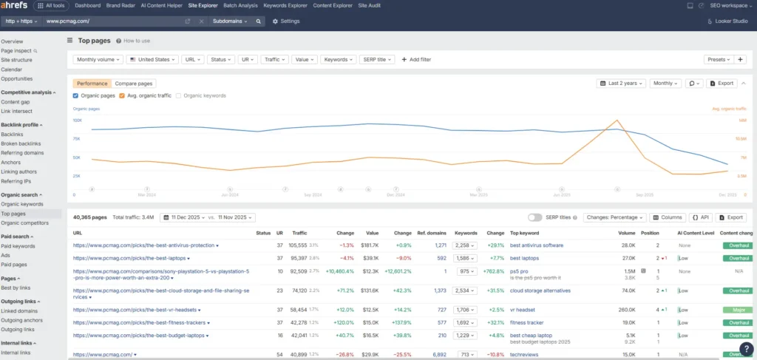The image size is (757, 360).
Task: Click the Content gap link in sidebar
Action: coord(16,102)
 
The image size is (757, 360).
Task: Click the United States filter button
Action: coord(153,59)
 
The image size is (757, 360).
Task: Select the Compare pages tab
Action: coord(135,84)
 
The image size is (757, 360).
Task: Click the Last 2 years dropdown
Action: coord(621,84)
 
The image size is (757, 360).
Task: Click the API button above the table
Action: coord(701,217)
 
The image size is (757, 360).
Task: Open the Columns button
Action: coord(668,217)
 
